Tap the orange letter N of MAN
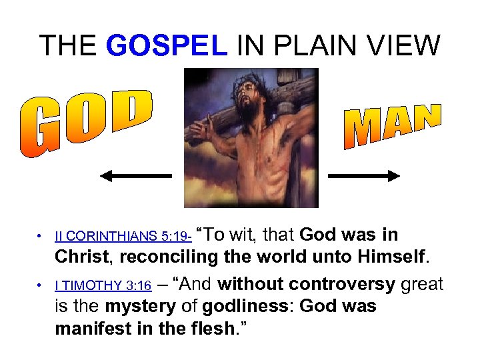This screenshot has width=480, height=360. point(426,116)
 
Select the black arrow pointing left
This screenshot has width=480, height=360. point(135,176)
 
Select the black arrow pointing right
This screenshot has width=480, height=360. point(364,176)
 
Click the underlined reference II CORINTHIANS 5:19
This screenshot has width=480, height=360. point(123,237)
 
